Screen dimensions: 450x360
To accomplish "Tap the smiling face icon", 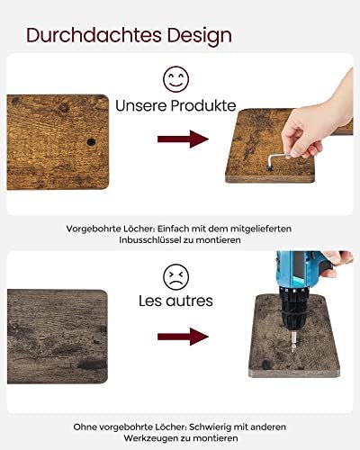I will [x=175, y=79].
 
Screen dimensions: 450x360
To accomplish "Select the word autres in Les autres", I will [x=190, y=301].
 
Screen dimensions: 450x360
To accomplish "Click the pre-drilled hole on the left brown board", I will [x=91, y=142].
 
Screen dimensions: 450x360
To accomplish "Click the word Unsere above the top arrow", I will [x=141, y=105].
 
